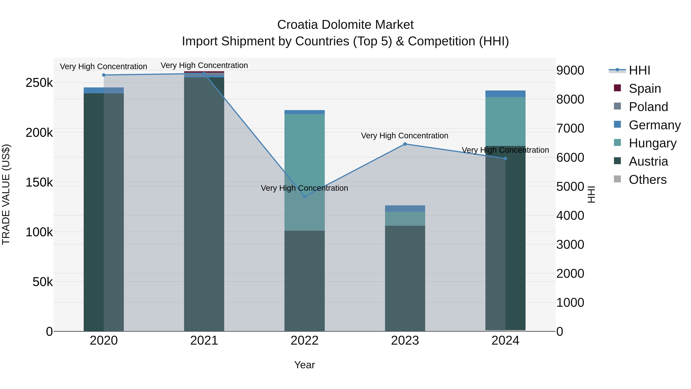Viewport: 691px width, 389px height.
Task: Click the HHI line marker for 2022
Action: click(304, 197)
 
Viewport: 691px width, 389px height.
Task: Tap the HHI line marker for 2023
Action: click(405, 144)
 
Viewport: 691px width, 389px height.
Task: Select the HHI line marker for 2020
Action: click(104, 75)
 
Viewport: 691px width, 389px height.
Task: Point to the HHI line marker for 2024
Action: click(505, 159)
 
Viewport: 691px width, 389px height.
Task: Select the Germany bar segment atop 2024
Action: click(505, 94)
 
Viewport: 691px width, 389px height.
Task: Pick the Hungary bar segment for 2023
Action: click(405, 219)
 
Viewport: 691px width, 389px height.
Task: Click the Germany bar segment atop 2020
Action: click(104, 90)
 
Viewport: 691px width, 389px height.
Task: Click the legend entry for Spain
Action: click(645, 89)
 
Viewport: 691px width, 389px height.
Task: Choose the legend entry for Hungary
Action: click(652, 143)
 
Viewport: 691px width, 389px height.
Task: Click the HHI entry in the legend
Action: click(639, 70)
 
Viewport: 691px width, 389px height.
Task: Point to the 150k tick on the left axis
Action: click(39, 182)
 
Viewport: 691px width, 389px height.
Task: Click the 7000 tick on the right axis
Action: click(570, 128)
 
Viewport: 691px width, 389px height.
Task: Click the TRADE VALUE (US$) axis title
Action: click(6, 194)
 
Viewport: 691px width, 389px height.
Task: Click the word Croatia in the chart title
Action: click(298, 25)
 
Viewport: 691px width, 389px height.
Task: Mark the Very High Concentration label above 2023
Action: click(404, 136)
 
